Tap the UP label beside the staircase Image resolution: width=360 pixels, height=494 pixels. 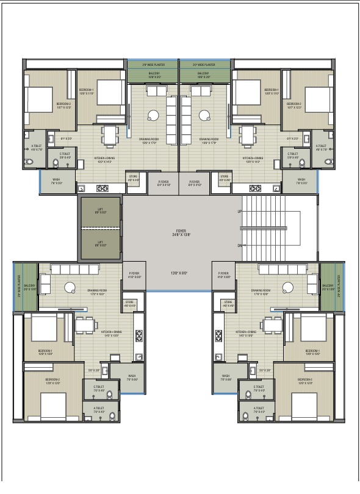239,212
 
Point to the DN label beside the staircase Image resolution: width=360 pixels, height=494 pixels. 239,246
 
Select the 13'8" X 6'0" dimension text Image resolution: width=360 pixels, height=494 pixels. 180,273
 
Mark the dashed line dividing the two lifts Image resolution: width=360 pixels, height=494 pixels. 99,228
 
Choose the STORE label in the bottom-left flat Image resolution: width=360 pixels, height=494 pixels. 129,302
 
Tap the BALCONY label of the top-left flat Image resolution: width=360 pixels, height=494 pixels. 154,73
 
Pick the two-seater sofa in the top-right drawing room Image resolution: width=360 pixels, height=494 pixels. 200,91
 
